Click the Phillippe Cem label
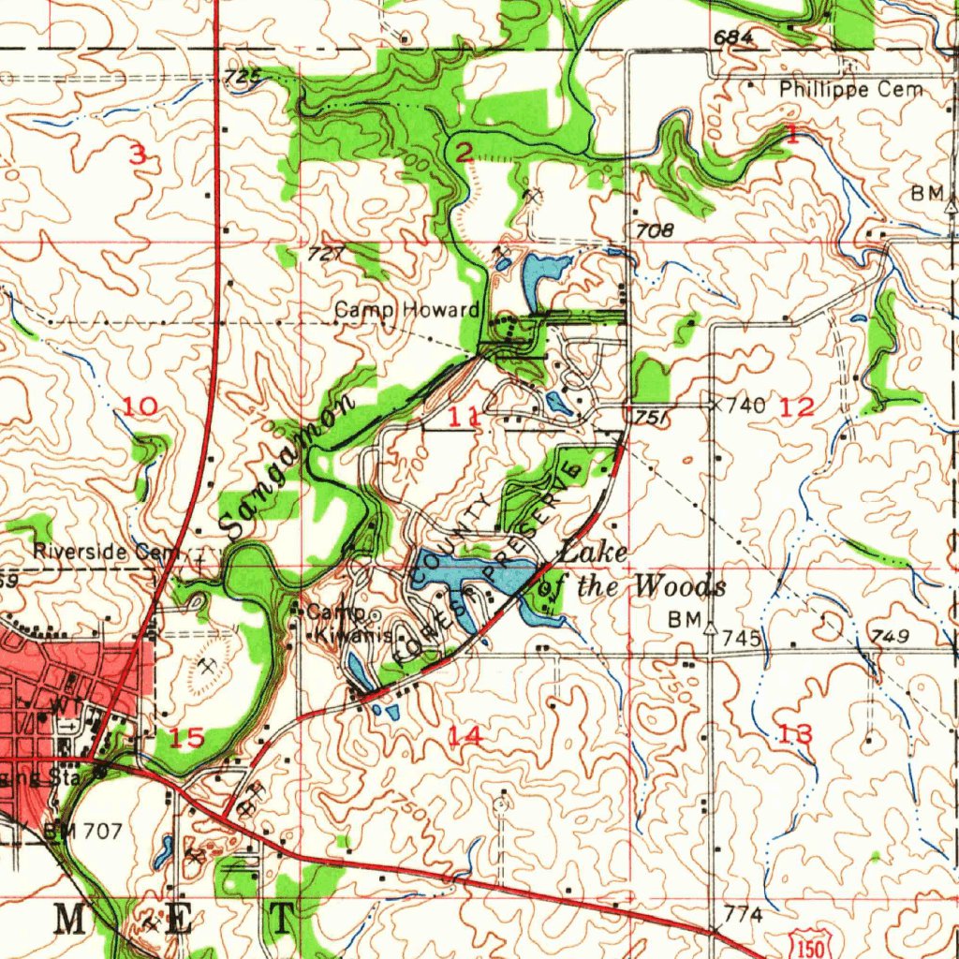tap(850, 90)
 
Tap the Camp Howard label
tap(407, 310)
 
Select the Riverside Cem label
tap(105, 552)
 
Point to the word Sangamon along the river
tap(288, 466)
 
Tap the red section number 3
tap(138, 155)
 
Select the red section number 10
tap(140, 406)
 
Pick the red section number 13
tap(795, 734)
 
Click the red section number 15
tap(187, 738)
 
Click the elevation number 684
tap(732, 37)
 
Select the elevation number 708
tap(655, 229)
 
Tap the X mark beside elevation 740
tap(716, 406)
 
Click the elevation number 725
tap(243, 79)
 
